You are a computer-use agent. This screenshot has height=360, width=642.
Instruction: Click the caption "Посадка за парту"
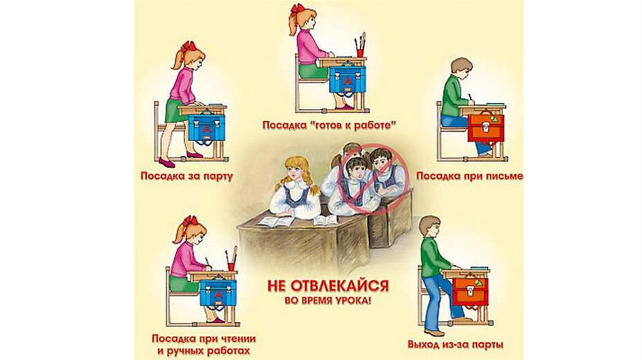(x=187, y=176)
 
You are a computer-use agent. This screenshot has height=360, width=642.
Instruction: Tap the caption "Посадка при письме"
(x=470, y=176)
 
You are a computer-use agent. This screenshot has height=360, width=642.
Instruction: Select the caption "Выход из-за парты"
(x=455, y=344)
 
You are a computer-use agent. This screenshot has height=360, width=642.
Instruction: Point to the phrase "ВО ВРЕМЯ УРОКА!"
(x=328, y=300)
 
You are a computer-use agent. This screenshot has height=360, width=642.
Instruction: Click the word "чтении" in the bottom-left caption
(x=236, y=339)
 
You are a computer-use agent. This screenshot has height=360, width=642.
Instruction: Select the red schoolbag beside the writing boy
(x=486, y=128)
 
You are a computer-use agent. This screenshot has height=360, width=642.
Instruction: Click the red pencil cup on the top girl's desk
(x=360, y=53)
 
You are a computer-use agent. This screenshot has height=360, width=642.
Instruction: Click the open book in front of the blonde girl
(x=275, y=221)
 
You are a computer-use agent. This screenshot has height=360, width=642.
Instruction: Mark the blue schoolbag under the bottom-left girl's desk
(x=218, y=292)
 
